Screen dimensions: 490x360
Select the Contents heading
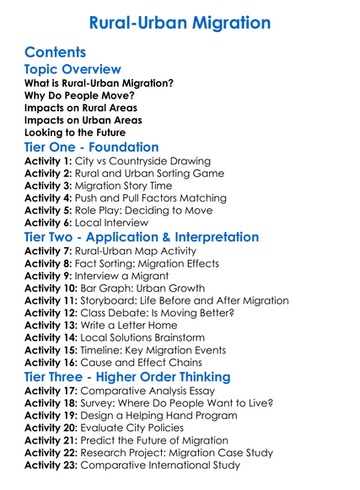(56, 53)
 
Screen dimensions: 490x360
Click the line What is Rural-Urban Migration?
(99, 83)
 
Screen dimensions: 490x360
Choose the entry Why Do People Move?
(78, 96)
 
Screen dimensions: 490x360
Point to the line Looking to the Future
(75, 132)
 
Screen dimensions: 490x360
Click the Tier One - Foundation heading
(92, 147)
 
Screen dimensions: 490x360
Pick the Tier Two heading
(142, 237)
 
